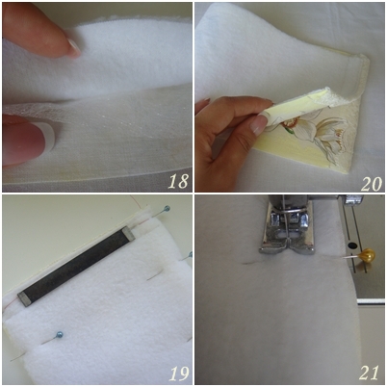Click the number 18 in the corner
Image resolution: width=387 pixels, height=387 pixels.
tap(178, 181)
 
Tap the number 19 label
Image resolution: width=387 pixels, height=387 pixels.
tap(179, 374)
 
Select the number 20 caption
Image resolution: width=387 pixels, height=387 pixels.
tap(372, 184)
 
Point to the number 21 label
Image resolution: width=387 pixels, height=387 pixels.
tap(369, 373)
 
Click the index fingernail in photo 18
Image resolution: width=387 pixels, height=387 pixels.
tap(74, 47)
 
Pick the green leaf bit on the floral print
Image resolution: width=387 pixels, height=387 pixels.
tap(290, 131)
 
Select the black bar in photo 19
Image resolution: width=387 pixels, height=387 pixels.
tap(76, 265)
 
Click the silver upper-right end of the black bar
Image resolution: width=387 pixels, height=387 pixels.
tap(129, 233)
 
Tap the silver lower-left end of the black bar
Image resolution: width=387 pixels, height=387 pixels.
tap(25, 299)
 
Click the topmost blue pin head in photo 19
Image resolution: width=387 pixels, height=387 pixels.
tap(167, 209)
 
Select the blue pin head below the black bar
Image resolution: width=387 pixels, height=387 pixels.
tap(60, 335)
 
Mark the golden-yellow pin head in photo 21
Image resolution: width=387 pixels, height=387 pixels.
tap(367, 255)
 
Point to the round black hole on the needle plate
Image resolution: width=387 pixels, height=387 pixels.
tap(352, 246)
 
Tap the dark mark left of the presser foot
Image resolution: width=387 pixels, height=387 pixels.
tap(249, 264)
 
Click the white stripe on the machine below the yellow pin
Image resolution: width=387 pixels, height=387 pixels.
tap(371, 301)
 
